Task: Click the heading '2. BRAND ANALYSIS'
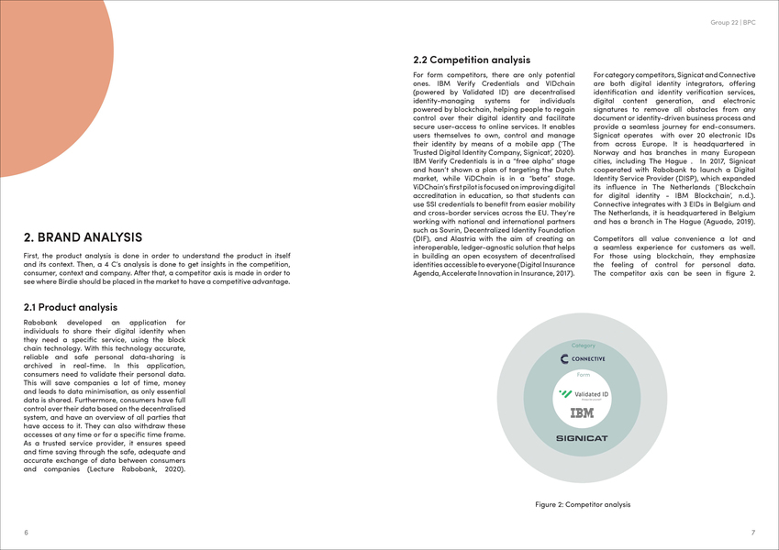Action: click(x=83, y=237)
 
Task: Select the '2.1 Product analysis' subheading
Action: click(x=70, y=307)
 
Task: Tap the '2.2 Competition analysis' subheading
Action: click(x=472, y=60)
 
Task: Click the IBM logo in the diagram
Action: click(x=583, y=414)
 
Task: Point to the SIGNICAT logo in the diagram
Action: click(x=583, y=438)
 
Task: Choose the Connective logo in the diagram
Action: click(x=583, y=358)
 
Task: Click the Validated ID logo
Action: click(x=584, y=394)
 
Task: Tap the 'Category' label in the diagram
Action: click(x=583, y=345)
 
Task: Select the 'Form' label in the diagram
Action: click(x=583, y=374)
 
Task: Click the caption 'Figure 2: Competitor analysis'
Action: click(x=583, y=504)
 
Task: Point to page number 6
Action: click(x=26, y=532)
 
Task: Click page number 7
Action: click(x=752, y=532)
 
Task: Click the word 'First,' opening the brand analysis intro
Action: click(x=32, y=254)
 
